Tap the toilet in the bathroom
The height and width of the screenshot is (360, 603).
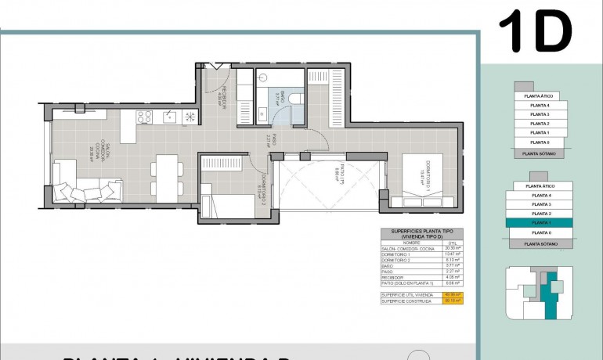295,96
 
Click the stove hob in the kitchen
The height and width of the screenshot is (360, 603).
144,117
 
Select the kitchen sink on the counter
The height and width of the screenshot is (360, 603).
168,117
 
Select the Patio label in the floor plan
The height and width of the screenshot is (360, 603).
335,178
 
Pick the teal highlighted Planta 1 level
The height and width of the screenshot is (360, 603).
540,223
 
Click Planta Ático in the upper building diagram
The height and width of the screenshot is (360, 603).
540,95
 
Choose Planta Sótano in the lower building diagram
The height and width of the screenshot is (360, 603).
540,244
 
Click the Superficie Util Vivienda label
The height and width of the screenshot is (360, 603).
407,293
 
